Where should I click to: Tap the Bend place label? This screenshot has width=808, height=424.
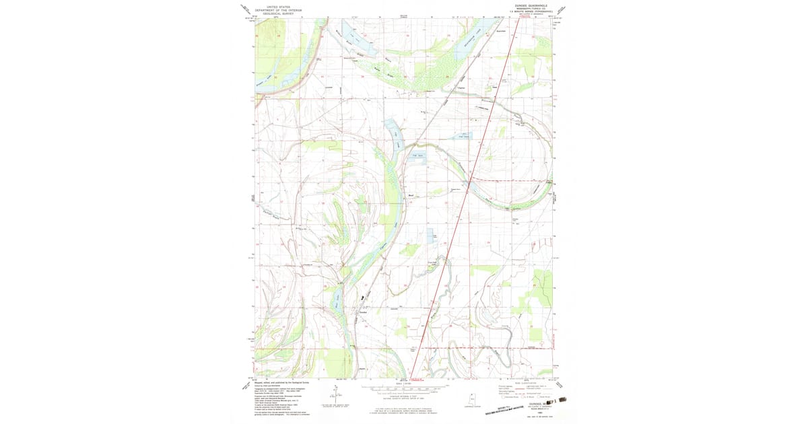click(x=411, y=197)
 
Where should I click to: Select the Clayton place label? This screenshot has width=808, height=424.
click(x=461, y=87)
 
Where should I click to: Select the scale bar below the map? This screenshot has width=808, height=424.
click(x=404, y=388)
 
